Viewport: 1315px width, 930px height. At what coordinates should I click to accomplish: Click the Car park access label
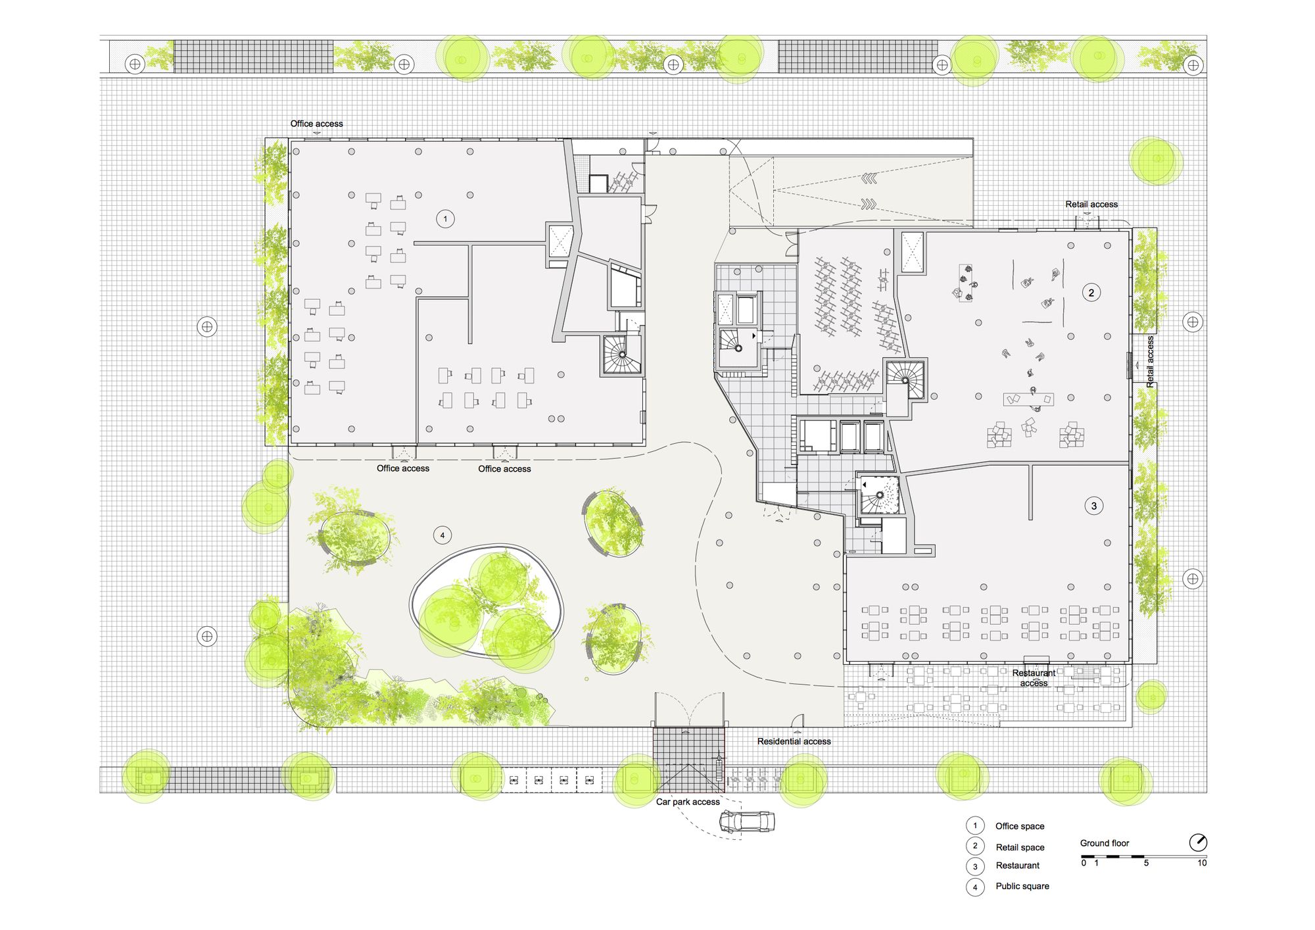(x=688, y=802)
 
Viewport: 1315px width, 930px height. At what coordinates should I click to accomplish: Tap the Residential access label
(x=794, y=741)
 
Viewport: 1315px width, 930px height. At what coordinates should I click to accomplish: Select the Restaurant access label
(x=1034, y=678)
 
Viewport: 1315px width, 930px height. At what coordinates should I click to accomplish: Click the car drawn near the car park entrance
(x=746, y=821)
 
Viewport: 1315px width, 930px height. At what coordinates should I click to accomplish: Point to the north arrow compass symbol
(x=1198, y=843)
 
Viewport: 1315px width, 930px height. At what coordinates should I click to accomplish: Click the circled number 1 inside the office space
(x=445, y=219)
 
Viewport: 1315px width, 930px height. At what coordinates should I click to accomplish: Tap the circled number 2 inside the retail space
(x=1091, y=293)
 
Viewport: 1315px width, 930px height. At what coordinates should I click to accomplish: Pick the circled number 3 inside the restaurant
(x=1093, y=506)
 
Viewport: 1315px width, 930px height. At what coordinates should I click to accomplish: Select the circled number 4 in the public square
(x=442, y=535)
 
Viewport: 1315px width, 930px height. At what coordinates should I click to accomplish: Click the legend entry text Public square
(x=1022, y=886)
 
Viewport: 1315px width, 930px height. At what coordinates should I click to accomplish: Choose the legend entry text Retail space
(x=1020, y=847)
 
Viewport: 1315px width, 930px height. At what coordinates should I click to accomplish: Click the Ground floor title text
(x=1105, y=843)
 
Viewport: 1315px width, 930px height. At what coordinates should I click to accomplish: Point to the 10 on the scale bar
(x=1202, y=863)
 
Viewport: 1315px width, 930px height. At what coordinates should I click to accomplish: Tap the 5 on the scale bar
(x=1146, y=863)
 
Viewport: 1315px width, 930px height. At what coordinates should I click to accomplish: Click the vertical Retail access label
(x=1150, y=361)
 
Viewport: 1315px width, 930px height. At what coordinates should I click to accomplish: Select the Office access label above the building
(x=316, y=124)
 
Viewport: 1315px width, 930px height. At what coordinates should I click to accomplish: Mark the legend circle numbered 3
(x=975, y=866)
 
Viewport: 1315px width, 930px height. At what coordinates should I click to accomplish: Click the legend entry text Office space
(x=1020, y=826)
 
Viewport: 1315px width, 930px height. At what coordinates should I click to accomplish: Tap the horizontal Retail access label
(x=1091, y=205)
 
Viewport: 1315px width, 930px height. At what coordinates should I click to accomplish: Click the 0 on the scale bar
(x=1084, y=863)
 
